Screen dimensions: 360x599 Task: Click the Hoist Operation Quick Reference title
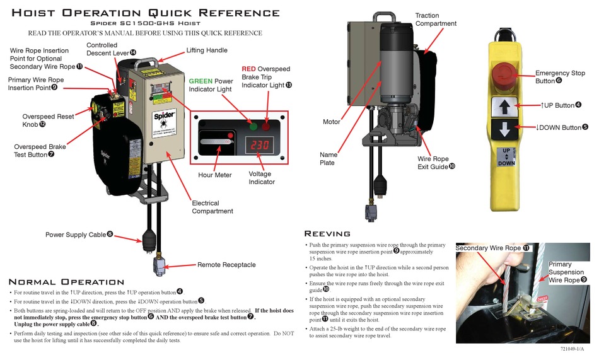146,13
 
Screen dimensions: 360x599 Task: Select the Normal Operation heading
66,282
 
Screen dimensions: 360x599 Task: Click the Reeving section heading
327,234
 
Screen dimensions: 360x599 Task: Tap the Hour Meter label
214,175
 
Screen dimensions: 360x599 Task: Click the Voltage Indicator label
261,178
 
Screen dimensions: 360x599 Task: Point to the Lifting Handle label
207,50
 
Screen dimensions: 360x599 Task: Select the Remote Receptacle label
226,265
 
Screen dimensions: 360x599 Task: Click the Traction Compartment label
436,20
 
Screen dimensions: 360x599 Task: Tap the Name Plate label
329,158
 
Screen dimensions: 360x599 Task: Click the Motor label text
332,122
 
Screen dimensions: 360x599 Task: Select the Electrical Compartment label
212,207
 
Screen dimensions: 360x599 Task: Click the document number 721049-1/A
576,349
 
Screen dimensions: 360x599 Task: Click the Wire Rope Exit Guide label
433,163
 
